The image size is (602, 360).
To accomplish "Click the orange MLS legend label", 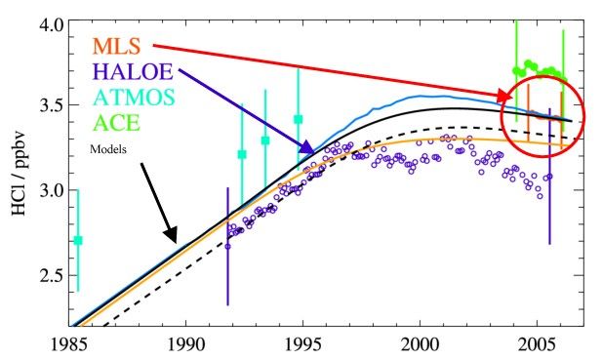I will pos(116,45).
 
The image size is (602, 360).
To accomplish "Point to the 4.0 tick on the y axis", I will pos(51,21).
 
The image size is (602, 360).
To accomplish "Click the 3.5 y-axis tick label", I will pos(51,105).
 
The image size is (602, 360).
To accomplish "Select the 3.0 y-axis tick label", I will pos(51,189).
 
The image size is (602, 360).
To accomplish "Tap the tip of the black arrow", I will pos(177,240).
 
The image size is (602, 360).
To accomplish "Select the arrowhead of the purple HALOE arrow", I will pos(313,152).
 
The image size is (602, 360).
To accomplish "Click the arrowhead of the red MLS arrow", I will pos(511,98).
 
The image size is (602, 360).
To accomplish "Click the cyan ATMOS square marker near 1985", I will pos(78,240).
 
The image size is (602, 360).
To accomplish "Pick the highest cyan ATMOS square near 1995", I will pos(299,119).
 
